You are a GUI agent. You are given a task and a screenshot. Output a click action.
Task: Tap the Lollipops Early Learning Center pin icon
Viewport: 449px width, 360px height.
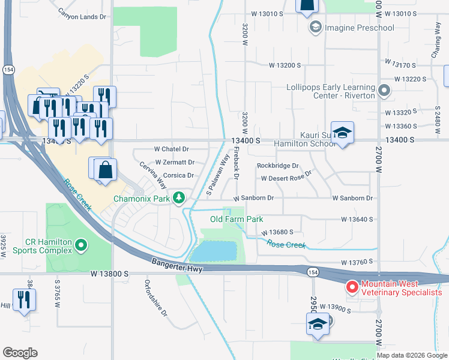click(x=385, y=91)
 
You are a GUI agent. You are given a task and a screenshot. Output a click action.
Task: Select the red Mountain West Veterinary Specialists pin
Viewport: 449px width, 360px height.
click(x=351, y=287)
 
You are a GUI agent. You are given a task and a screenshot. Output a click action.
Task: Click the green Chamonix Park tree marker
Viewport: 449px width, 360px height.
click(x=178, y=198)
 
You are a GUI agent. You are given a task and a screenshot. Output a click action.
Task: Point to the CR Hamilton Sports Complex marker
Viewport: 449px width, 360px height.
click(x=82, y=245)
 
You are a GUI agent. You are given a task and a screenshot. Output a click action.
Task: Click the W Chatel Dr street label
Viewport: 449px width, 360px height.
click(x=172, y=149)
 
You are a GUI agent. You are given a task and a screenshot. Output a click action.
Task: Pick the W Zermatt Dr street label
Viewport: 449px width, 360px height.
click(x=175, y=162)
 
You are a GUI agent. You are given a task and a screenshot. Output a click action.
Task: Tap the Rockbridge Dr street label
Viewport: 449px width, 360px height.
click(x=277, y=166)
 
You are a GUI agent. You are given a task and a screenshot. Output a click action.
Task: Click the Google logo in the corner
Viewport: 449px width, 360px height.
click(x=20, y=353)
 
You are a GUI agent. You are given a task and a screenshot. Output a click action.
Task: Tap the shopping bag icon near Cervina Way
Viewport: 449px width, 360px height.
click(x=105, y=169)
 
